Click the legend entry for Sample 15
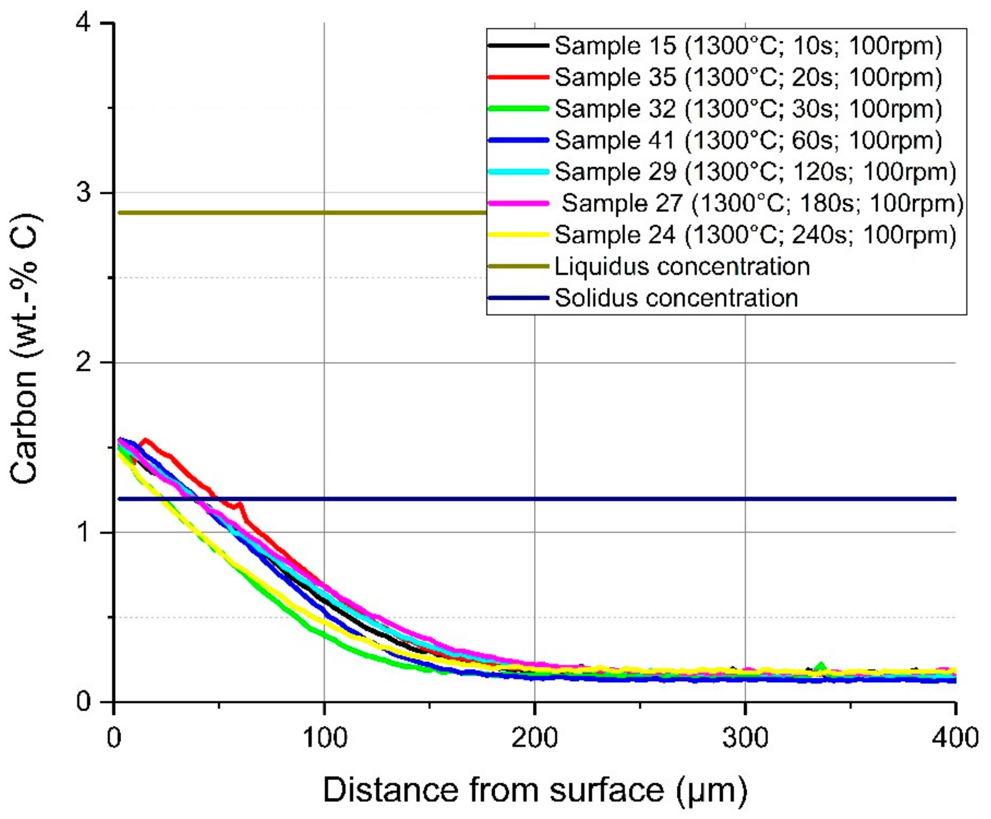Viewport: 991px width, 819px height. (x=748, y=46)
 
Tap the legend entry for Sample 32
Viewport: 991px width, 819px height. (x=748, y=109)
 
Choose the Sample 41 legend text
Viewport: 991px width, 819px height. (x=748, y=140)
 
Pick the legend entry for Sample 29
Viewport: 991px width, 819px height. (x=755, y=172)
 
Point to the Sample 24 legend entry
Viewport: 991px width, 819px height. (x=755, y=235)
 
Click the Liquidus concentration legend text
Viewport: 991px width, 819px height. (x=682, y=266)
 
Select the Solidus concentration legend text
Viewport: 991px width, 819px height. (x=676, y=298)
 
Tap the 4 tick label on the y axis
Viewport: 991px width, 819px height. (x=85, y=23)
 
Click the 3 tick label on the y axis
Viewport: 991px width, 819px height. (x=85, y=193)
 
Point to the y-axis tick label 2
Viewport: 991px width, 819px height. (x=85, y=363)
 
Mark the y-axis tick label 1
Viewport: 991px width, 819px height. (x=85, y=533)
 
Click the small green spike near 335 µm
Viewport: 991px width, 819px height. (x=821, y=666)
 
